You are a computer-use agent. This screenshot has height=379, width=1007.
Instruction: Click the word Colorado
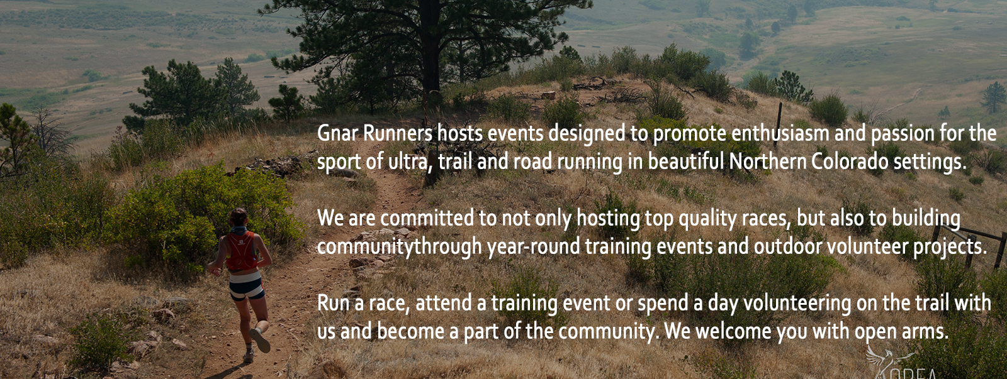(850, 162)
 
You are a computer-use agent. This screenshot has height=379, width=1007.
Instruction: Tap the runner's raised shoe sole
(260, 340)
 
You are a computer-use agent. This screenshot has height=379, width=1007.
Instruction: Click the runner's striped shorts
(246, 285)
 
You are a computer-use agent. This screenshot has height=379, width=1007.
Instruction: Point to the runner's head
(239, 217)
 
